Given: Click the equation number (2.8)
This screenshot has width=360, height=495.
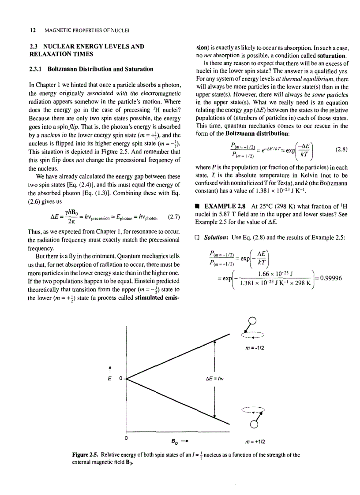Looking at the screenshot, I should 341,149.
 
